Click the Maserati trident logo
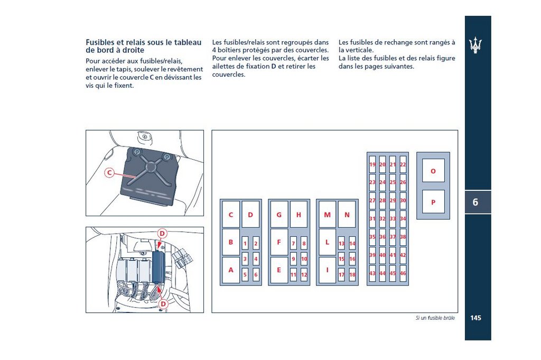[476, 45]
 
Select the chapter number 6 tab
[475, 202]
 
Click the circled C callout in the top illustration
[109, 172]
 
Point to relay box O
[433, 171]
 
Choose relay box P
[433, 202]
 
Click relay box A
[231, 270]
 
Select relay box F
[279, 242]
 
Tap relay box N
[347, 215]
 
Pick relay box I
[327, 270]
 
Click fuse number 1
[245, 244]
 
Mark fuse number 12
[304, 275]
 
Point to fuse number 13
[341, 244]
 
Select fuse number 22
[403, 165]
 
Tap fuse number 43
[372, 273]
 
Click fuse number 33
[393, 218]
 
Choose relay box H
[299, 215]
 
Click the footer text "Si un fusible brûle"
[435, 318]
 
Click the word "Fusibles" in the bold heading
[101, 42]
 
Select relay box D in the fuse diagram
[250, 215]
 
